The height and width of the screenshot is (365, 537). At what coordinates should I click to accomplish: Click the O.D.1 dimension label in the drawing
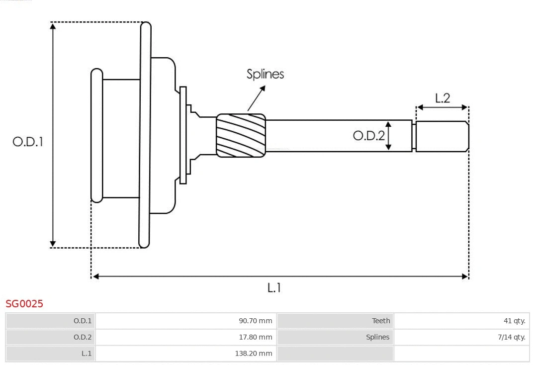28,142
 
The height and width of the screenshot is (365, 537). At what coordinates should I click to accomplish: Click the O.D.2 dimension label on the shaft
368,135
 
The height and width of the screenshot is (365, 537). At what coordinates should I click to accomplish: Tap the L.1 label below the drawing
274,287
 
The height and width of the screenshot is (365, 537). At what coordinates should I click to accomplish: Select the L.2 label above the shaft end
442,98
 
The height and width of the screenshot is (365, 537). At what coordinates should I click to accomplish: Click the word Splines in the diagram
265,74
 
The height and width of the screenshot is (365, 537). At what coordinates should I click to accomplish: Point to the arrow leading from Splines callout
256,98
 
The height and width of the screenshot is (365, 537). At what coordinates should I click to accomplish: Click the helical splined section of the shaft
241,136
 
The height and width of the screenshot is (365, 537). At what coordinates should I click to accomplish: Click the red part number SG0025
24,303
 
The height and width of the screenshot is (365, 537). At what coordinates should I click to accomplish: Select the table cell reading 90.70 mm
255,321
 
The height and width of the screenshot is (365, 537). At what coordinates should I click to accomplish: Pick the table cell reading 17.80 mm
255,337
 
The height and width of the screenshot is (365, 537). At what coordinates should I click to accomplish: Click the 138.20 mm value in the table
254,354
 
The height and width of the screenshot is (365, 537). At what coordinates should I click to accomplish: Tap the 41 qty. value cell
514,321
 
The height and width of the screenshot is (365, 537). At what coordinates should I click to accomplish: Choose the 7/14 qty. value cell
512,337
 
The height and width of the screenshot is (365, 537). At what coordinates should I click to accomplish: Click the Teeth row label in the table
381,321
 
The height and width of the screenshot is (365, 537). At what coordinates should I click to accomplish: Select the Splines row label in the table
377,337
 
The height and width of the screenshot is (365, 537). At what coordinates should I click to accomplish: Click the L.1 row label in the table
87,354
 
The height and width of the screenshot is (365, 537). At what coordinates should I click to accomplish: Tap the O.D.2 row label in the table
83,337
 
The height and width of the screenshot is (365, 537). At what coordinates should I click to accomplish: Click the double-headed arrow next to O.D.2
389,135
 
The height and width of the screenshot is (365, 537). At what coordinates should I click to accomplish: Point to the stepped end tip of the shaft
442,136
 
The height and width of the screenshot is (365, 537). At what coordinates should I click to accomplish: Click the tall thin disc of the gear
145,135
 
